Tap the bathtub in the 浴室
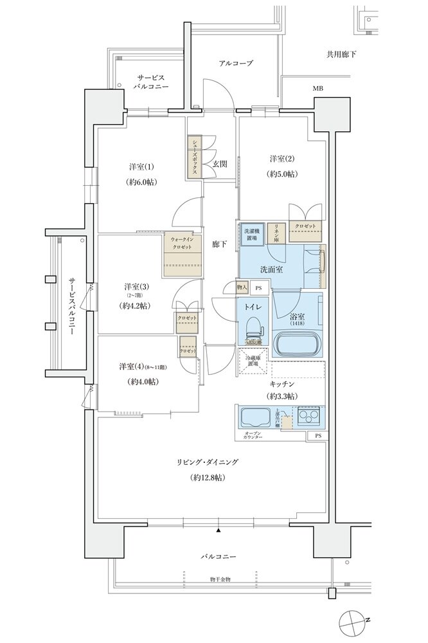[x=298, y=343]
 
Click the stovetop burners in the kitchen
[x=308, y=416]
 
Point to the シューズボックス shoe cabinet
[x=193, y=157]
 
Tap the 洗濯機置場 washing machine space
[x=251, y=234]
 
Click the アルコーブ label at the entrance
[x=236, y=63]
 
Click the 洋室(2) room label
[x=281, y=159]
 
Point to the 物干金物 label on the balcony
[x=220, y=579]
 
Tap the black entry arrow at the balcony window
[x=218, y=530]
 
